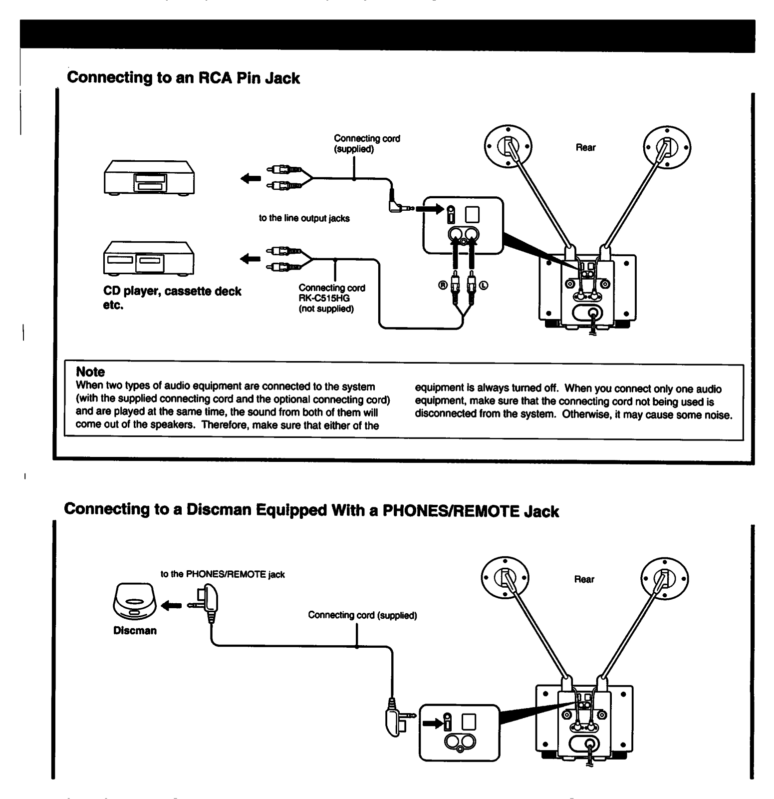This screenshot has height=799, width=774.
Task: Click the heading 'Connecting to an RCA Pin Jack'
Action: click(183, 78)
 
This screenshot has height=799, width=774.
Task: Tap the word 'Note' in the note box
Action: click(90, 372)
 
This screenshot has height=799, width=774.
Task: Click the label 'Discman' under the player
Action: click(135, 631)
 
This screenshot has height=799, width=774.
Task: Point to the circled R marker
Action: click(442, 285)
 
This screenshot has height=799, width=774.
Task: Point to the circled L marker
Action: click(484, 285)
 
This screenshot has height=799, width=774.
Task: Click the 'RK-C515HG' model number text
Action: click(324, 298)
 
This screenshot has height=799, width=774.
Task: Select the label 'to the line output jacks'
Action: click(304, 218)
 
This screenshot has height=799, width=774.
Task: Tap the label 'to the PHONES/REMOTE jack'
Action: click(223, 574)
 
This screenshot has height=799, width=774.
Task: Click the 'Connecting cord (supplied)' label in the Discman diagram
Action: click(362, 615)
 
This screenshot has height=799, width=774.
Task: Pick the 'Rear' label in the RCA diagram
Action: click(585, 147)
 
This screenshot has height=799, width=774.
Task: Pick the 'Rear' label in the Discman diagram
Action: click(584, 579)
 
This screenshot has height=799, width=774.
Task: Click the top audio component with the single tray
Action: click(149, 178)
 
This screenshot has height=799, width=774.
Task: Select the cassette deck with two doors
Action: click(149, 258)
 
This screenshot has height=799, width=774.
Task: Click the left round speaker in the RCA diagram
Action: click(508, 148)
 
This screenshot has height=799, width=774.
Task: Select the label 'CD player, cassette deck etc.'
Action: click(172, 298)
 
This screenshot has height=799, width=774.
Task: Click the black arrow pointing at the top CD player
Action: click(251, 178)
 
